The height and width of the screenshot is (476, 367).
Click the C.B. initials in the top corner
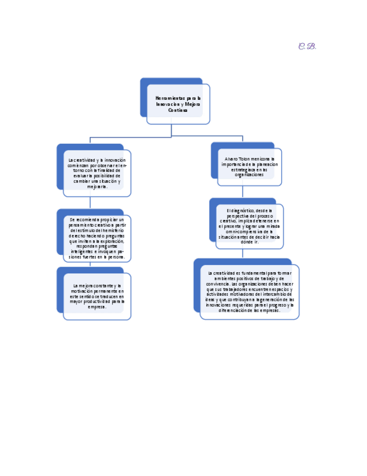(x=307, y=46)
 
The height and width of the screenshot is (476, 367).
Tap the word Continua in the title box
(x=178, y=110)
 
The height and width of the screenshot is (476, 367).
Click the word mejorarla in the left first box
(x=97, y=186)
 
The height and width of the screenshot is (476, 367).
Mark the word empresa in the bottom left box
(x=95, y=307)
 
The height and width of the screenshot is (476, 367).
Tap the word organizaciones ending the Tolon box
(x=249, y=175)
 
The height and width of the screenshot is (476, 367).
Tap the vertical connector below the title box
(x=171, y=130)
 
